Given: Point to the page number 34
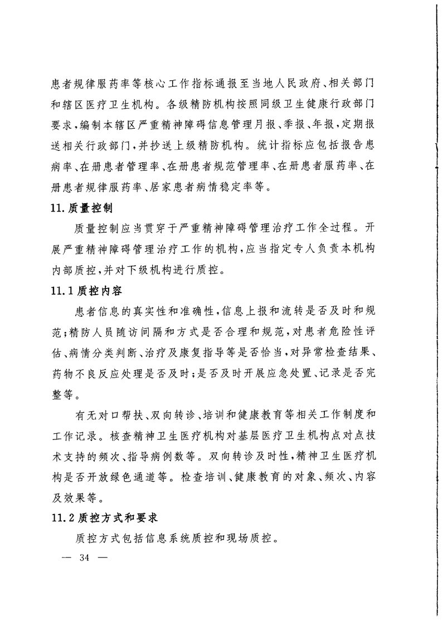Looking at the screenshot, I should click(85, 559).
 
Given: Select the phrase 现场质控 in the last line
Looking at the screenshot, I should click(253, 538).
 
